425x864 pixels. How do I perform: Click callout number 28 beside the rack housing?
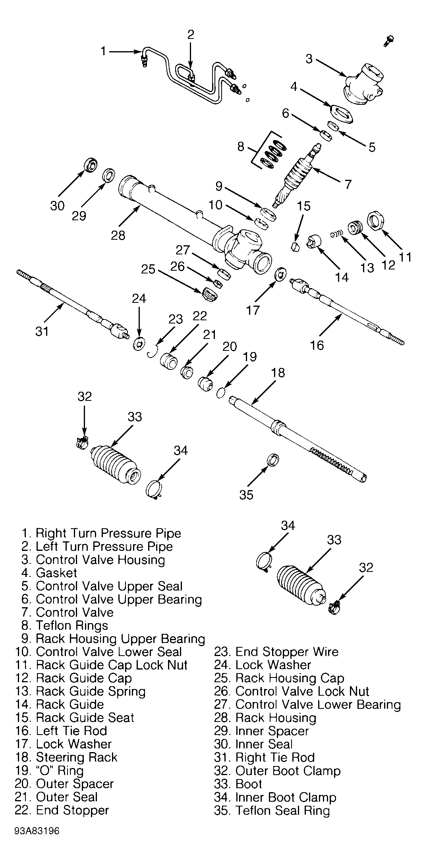pyautogui.click(x=118, y=235)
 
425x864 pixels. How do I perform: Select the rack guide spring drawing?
pyautogui.click(x=336, y=235)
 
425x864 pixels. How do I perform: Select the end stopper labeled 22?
pyautogui.click(x=169, y=360)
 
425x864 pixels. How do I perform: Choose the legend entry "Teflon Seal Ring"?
pyautogui.click(x=283, y=810)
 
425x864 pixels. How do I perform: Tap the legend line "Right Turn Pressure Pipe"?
pyautogui.click(x=108, y=533)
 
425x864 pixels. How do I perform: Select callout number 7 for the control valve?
pyautogui.click(x=348, y=184)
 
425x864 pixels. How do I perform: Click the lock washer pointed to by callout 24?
pyautogui.click(x=139, y=344)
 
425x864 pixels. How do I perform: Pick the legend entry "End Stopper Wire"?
pyautogui.click(x=287, y=652)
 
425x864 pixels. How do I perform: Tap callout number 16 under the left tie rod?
pyautogui.click(x=317, y=345)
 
